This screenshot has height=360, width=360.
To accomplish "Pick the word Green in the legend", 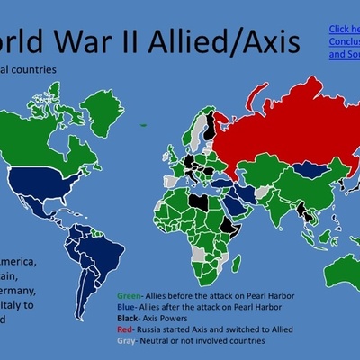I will coord(129,296).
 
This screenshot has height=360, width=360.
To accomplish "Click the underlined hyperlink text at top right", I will coord(344,41).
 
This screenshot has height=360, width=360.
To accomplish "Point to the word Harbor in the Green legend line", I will coord(278,296).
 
